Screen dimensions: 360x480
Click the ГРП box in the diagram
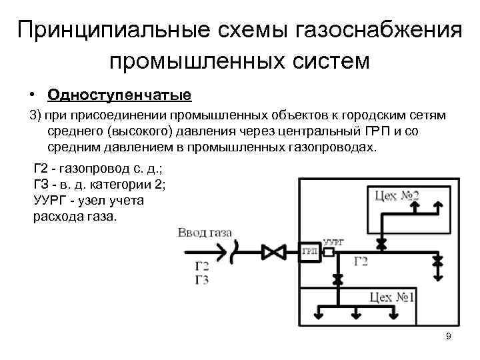click(x=309, y=252)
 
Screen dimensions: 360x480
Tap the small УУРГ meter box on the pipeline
click(x=328, y=252)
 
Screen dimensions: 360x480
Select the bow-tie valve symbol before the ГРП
click(x=273, y=253)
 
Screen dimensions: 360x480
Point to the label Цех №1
click(x=393, y=297)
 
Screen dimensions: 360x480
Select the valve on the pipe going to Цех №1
click(x=337, y=275)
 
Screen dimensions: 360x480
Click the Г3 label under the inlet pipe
click(x=202, y=280)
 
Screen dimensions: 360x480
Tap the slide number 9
click(x=449, y=336)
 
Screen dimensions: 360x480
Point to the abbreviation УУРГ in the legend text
click(x=51, y=200)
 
